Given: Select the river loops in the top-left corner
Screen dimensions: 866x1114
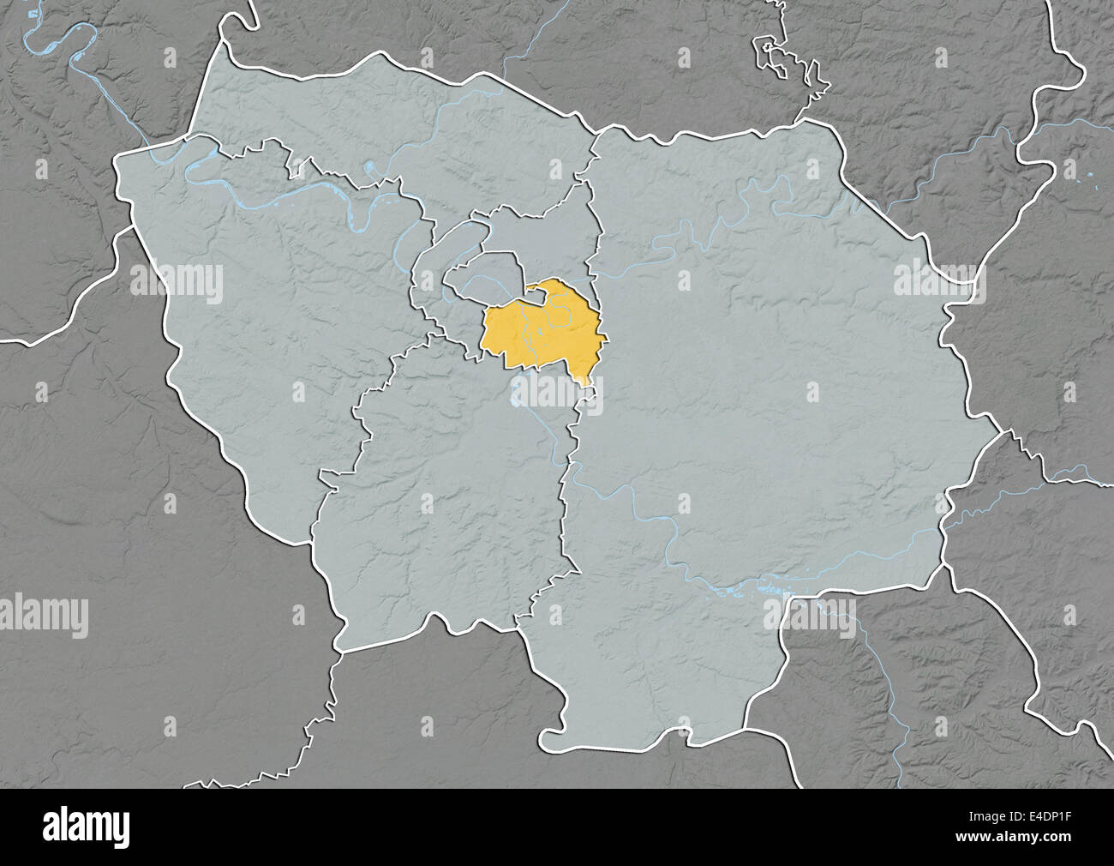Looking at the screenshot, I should pyautogui.click(x=60, y=39).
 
